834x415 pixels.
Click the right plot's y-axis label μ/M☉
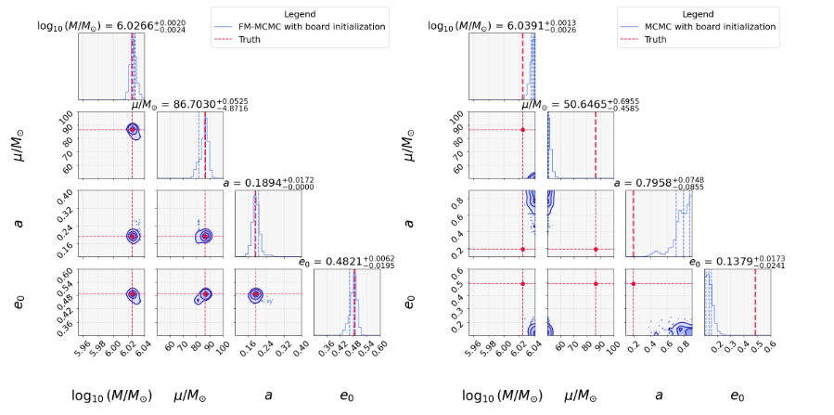tap(411, 144)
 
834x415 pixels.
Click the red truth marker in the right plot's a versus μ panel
tap(596, 249)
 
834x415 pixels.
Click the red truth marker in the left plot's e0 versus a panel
tap(255, 294)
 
